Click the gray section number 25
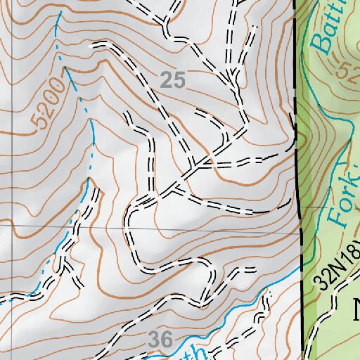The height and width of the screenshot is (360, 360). [172, 81]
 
